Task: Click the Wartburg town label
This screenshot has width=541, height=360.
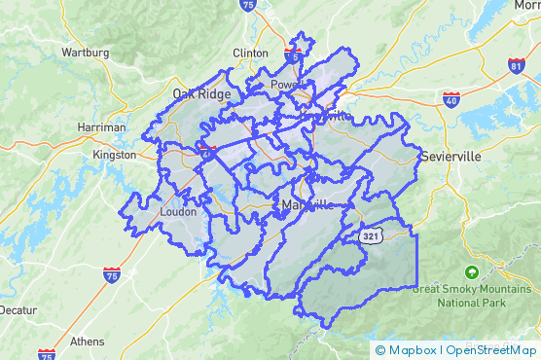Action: (85, 52)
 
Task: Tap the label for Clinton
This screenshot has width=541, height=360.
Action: (250, 53)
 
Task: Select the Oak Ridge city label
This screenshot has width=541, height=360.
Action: (201, 93)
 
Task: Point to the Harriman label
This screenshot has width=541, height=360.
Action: (102, 127)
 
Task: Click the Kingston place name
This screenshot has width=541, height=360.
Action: (114, 155)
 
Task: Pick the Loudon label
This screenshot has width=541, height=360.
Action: (177, 211)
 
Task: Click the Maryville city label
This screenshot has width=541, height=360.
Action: (306, 205)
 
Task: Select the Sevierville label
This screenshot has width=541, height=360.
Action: (452, 156)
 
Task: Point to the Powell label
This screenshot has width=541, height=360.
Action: (284, 85)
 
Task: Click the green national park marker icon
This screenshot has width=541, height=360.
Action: (472, 271)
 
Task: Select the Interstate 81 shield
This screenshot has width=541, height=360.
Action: (515, 66)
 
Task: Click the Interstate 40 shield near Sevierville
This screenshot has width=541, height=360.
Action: (450, 99)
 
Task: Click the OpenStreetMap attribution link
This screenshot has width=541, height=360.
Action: (491, 349)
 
